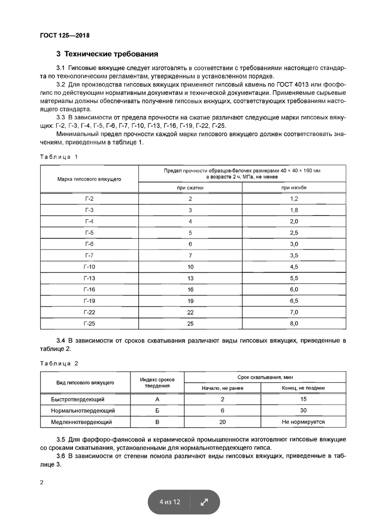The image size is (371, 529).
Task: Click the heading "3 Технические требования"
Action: [107, 55]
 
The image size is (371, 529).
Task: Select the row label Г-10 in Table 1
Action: [89, 267]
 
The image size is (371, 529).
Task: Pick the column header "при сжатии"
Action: [190, 187]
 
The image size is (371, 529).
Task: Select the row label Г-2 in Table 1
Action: [89, 198]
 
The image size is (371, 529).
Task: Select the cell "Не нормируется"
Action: [303, 422]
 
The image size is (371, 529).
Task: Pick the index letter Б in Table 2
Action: [157, 411]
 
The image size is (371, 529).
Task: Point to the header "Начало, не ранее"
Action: [223, 388]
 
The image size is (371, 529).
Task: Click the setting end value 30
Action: [303, 411]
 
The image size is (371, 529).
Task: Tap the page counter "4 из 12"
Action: [170, 502]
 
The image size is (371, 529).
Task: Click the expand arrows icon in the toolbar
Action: [204, 502]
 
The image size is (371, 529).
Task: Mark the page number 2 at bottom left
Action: [42, 483]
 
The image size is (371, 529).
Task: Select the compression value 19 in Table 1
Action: [190, 301]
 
